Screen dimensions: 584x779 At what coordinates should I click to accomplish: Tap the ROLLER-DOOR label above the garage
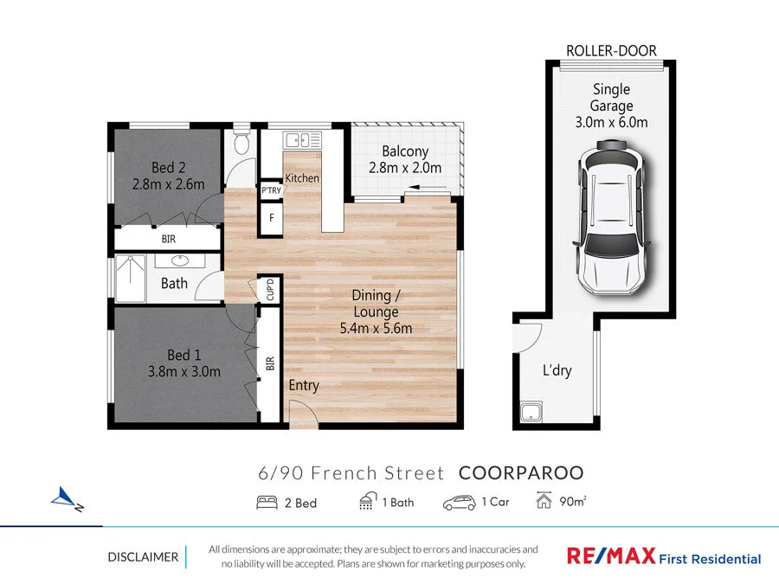point(612,51)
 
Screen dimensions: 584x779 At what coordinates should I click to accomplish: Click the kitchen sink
point(302,138)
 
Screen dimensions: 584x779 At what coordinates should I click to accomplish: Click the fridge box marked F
point(271,217)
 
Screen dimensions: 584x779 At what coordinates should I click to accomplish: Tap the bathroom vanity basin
point(180,260)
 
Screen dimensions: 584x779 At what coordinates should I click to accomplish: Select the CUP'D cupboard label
point(270,288)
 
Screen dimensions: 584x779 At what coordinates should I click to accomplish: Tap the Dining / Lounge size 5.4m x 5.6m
point(376,328)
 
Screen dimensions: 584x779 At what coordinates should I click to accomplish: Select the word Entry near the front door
point(304,385)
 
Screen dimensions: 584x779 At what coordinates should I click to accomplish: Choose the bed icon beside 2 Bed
point(267,502)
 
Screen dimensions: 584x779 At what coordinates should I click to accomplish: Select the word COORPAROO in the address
point(520,473)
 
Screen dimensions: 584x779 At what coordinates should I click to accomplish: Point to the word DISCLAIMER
point(142,557)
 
